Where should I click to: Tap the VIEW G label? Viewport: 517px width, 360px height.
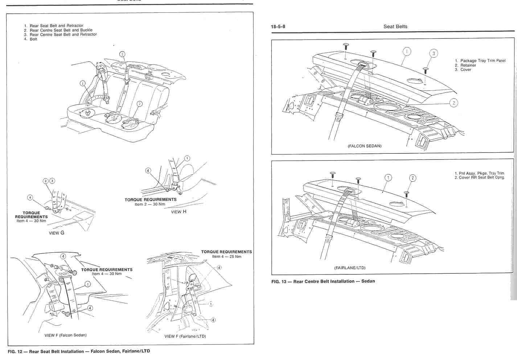[57, 233]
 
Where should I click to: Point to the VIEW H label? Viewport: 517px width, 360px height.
[179, 212]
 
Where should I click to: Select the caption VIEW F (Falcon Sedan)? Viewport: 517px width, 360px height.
[65, 335]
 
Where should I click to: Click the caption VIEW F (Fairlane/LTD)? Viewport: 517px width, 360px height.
[185, 336]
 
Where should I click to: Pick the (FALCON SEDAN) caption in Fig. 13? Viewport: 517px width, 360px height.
[364, 146]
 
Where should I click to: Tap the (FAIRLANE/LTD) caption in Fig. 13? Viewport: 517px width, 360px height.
[350, 268]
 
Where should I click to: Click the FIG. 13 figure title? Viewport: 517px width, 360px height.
[323, 281]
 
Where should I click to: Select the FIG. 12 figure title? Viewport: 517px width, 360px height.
[78, 351]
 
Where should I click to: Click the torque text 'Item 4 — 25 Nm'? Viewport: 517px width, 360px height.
[226, 256]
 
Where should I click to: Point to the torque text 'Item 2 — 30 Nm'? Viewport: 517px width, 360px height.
[150, 204]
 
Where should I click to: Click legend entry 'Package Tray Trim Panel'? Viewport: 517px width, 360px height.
[483, 61]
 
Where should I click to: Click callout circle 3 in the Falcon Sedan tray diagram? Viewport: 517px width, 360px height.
[433, 54]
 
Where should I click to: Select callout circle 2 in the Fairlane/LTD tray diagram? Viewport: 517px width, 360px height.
[413, 178]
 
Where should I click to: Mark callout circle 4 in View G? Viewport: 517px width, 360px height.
[30, 198]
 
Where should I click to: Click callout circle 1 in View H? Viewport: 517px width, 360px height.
[187, 158]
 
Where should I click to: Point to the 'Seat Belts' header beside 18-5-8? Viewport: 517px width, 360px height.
[395, 26]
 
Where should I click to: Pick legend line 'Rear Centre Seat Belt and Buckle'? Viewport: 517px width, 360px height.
[61, 30]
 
